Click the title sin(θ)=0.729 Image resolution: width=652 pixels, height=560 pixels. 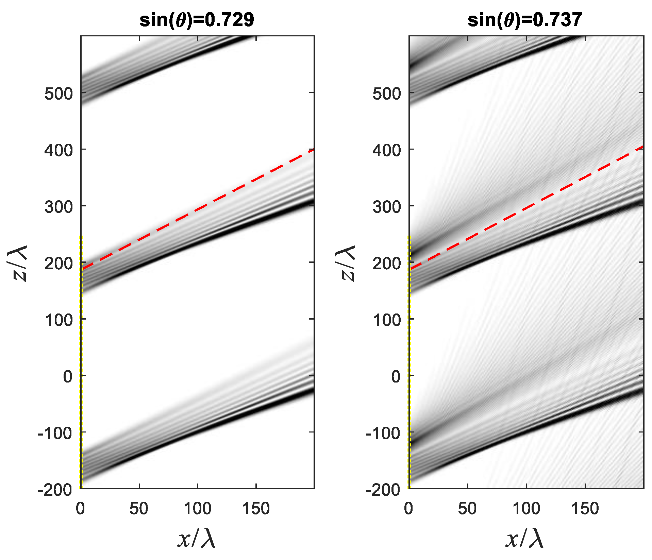coord(197,20)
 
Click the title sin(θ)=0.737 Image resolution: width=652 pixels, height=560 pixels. coord(525,20)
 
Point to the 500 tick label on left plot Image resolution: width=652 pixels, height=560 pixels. coord(58,94)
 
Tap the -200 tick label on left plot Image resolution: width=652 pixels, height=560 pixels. coord(55,490)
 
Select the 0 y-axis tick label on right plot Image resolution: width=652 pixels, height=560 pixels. coord(396,377)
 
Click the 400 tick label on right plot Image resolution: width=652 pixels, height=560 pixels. coord(387,150)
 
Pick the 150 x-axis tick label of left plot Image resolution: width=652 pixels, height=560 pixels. coord(256,509)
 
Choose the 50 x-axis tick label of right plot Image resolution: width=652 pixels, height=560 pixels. coord(467,509)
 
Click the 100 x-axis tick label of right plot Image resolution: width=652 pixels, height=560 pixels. coord(526,509)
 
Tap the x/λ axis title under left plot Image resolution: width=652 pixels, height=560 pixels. coord(197,539)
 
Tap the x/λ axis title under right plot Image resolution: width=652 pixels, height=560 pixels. coord(525,539)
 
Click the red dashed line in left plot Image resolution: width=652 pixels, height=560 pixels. coord(197,208)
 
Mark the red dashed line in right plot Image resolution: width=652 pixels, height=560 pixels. coord(526,207)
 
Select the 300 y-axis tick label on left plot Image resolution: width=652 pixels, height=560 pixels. coord(58,207)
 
